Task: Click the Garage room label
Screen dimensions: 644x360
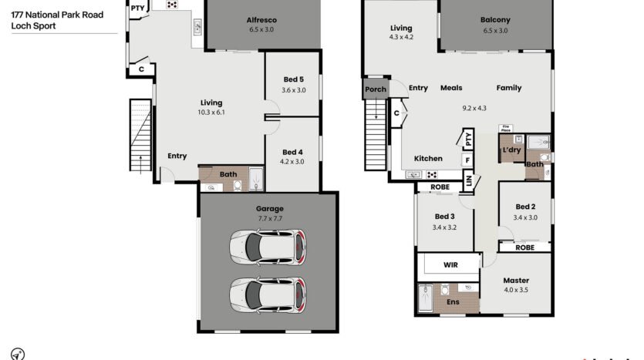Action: pyautogui.click(x=269, y=209)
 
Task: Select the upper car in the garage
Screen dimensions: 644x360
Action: pyautogui.click(x=268, y=247)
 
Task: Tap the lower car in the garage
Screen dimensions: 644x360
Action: pyautogui.click(x=268, y=295)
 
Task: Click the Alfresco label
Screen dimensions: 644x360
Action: pyautogui.click(x=261, y=20)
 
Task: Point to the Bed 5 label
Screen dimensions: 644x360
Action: pyautogui.click(x=294, y=79)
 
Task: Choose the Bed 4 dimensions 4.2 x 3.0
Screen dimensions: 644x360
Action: pyautogui.click(x=292, y=162)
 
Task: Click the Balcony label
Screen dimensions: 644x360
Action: pyautogui.click(x=495, y=20)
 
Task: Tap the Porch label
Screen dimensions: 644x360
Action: pyautogui.click(x=376, y=89)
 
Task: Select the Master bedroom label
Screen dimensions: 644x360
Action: pyautogui.click(x=516, y=281)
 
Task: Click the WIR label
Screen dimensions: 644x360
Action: pyautogui.click(x=450, y=264)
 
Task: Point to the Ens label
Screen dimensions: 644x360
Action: pyautogui.click(x=453, y=301)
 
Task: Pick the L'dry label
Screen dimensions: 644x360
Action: pyautogui.click(x=512, y=150)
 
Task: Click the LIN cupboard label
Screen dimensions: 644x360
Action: pyautogui.click(x=469, y=180)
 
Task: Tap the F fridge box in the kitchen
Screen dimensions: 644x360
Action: pyautogui.click(x=467, y=160)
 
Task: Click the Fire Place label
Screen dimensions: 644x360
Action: pyautogui.click(x=506, y=129)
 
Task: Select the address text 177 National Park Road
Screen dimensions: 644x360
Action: pyautogui.click(x=57, y=15)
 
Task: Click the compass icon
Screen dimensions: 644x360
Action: pyautogui.click(x=18, y=354)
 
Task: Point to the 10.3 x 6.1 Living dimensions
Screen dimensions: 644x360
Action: pyautogui.click(x=211, y=112)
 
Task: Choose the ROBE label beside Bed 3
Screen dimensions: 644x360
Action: pyautogui.click(x=440, y=187)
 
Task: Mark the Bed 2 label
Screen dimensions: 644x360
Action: pyautogui.click(x=525, y=207)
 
